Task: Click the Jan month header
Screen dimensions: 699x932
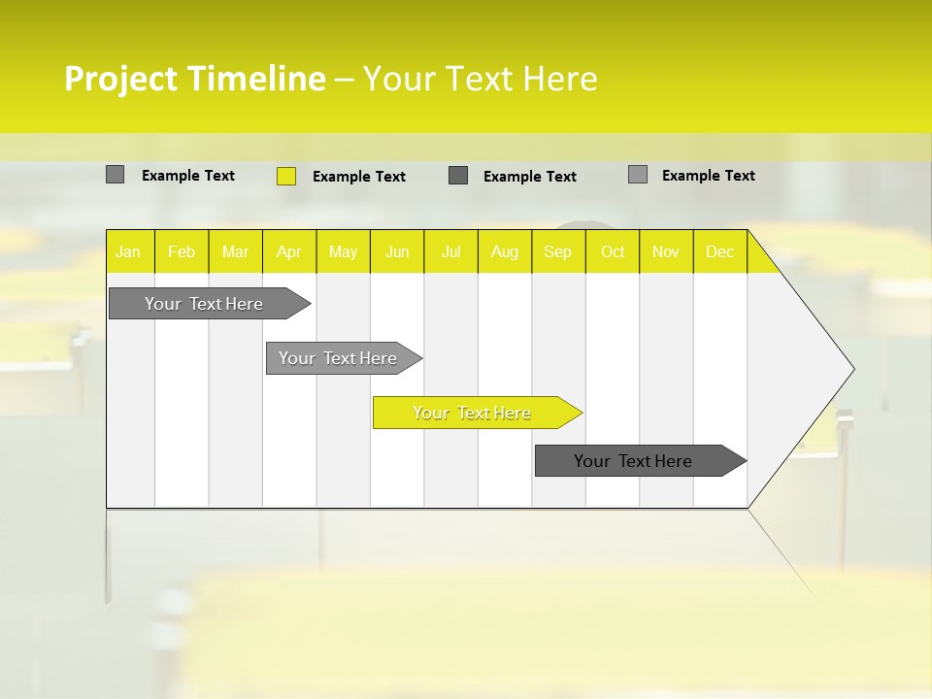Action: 129,251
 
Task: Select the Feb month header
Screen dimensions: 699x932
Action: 182,251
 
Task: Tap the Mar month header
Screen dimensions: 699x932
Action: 235,251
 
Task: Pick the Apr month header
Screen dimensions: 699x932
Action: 289,251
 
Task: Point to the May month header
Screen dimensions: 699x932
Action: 343,251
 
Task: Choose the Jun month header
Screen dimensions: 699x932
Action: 397,251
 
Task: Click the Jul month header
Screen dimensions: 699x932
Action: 450,251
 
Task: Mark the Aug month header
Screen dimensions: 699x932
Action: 505,251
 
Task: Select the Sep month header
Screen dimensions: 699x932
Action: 558,251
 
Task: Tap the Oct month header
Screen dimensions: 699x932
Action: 613,251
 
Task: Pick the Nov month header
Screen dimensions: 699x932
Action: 666,251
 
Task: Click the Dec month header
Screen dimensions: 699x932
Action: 720,251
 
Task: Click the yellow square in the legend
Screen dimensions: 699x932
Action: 286,176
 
